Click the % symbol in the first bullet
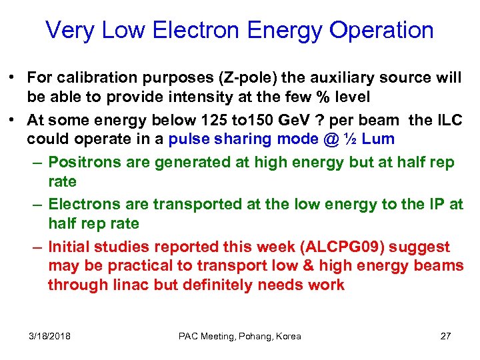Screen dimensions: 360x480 [x=303, y=97]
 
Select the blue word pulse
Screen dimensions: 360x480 [x=189, y=139]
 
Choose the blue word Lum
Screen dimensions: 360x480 [x=378, y=139]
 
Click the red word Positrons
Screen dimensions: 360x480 [x=83, y=163]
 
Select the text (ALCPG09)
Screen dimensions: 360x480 [x=342, y=247]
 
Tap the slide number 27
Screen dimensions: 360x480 [x=445, y=336]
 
